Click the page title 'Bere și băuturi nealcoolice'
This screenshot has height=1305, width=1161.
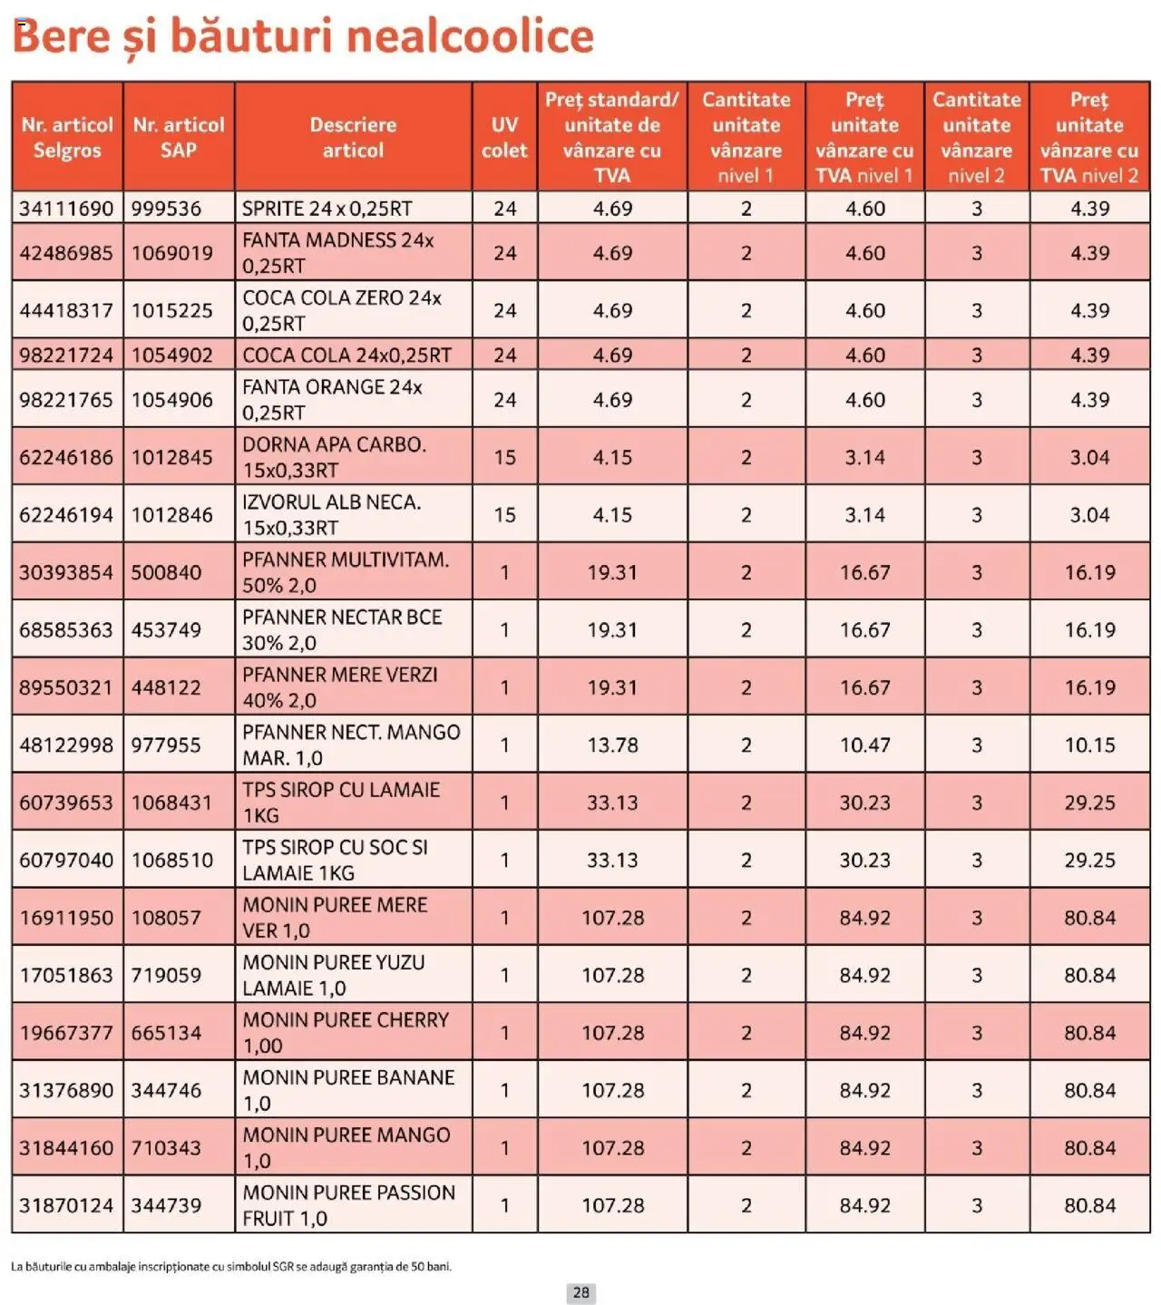(303, 36)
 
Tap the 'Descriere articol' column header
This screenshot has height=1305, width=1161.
(353, 137)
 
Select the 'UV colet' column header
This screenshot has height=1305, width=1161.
(504, 137)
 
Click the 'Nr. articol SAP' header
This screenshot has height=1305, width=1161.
(179, 137)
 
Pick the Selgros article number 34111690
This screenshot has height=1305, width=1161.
(66, 209)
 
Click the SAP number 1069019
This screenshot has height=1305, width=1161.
(172, 253)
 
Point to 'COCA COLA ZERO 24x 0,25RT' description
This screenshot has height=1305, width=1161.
(342, 310)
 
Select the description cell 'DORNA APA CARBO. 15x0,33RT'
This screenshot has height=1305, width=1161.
(334, 457)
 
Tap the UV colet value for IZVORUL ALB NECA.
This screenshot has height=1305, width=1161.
(504, 515)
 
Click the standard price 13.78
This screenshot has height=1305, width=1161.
(612, 745)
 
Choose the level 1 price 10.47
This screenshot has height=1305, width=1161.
(864, 745)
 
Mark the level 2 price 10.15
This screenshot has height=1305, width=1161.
(1089, 745)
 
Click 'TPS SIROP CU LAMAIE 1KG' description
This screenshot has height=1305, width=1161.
(341, 803)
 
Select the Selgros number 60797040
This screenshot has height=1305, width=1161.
(66, 860)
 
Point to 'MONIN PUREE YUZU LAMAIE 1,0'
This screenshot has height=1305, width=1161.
(334, 975)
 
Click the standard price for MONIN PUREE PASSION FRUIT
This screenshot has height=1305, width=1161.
(612, 1205)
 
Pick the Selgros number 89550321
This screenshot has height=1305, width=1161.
(66, 687)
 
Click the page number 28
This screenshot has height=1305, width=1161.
(581, 1292)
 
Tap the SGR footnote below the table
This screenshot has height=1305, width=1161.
(231, 1266)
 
